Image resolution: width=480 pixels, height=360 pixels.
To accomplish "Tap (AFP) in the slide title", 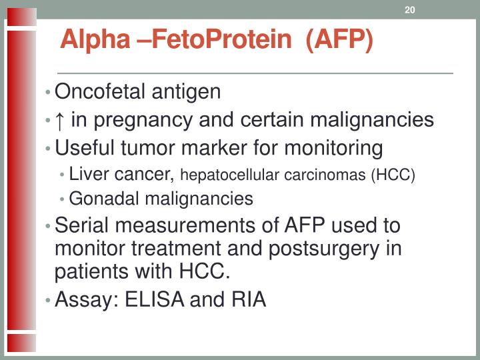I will point(339,39).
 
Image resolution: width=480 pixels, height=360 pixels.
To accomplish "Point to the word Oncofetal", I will point(99,91).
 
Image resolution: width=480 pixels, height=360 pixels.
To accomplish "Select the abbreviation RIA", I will point(249,300).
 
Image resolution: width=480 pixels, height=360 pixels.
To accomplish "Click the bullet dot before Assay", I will point(49,301).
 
